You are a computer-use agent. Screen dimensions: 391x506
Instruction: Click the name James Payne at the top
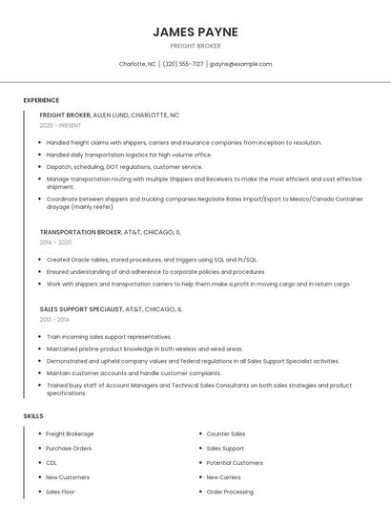[x=195, y=32]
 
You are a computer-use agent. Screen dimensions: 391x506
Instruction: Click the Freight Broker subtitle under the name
[x=195, y=46]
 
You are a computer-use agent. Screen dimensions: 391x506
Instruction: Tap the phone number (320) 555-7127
[x=183, y=64]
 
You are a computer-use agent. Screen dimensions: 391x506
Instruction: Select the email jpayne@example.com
[x=241, y=64]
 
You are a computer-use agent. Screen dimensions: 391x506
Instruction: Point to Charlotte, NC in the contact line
[x=137, y=64]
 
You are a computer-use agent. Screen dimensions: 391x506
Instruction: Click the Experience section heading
[x=41, y=100]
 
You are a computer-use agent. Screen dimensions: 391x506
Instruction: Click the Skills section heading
[x=33, y=416]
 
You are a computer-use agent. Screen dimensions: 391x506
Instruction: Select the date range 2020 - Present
[x=60, y=125]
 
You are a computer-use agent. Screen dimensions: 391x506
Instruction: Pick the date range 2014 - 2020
[x=55, y=242]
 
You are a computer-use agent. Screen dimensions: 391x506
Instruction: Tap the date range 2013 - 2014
[x=53, y=320]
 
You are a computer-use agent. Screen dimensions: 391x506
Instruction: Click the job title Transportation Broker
[x=81, y=232]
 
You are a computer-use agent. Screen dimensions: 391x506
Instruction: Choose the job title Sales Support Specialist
[x=81, y=309]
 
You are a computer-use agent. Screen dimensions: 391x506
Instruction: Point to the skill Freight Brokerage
[x=70, y=433]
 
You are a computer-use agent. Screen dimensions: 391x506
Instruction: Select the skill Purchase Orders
[x=69, y=448]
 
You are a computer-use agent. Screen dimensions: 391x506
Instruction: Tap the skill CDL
[x=51, y=462]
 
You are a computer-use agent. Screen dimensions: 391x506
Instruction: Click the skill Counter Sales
[x=226, y=433]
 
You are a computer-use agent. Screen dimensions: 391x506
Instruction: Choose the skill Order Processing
[x=230, y=492]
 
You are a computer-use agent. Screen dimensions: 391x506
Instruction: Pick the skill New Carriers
[x=224, y=477]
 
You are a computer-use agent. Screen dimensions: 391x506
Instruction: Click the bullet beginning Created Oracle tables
[x=151, y=259]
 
